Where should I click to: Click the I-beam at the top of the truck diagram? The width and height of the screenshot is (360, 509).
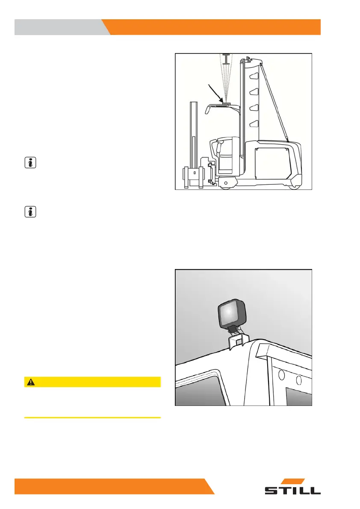pyautogui.click(x=227, y=58)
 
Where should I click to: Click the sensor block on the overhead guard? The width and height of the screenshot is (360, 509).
pyautogui.click(x=225, y=104)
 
